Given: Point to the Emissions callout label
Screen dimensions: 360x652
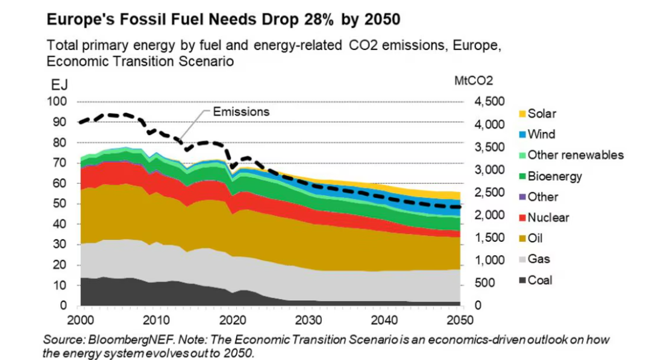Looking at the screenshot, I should (240, 112).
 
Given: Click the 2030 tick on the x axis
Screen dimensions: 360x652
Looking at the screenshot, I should (307, 318).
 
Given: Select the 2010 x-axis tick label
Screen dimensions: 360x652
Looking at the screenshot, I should (155, 318).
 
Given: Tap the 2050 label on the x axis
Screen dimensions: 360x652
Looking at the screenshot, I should (459, 318).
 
